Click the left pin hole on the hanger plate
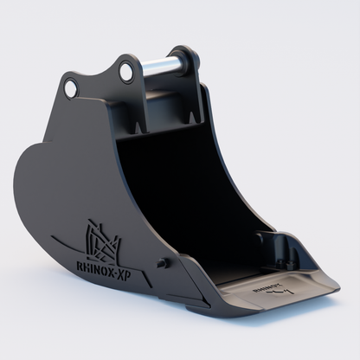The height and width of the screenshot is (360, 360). point(71,87)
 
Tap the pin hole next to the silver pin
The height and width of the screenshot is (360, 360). point(126,72)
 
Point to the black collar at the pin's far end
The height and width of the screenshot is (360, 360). point(190,58)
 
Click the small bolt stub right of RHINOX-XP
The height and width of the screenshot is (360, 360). point(161,262)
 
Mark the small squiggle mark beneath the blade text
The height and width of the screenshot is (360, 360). point(274,295)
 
